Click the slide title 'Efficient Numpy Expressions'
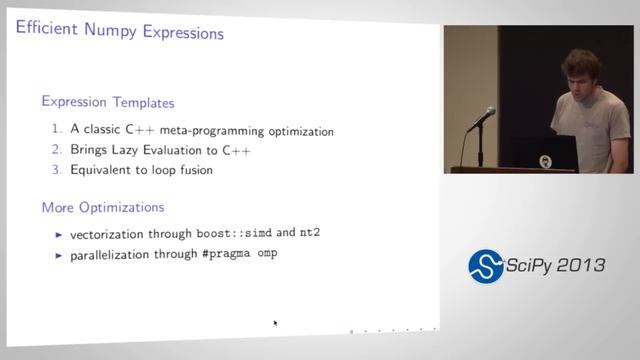coord(120,32)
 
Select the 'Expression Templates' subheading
coord(108,102)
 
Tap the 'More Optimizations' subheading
coord(103,208)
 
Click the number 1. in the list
coord(57,130)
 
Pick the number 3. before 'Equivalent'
coord(57,170)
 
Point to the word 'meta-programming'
coord(223,131)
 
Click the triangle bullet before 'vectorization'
coord(59,234)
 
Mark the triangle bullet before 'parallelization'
coord(59,255)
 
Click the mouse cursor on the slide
coord(275,323)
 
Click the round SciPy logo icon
coord(486,265)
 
